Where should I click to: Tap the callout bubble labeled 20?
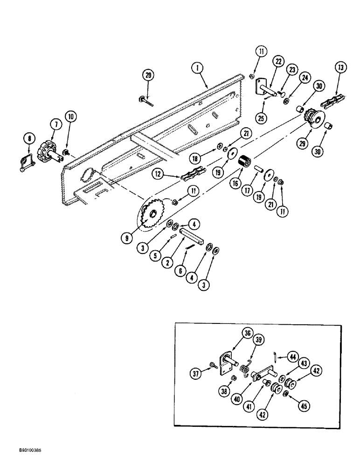click(x=148, y=75)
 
